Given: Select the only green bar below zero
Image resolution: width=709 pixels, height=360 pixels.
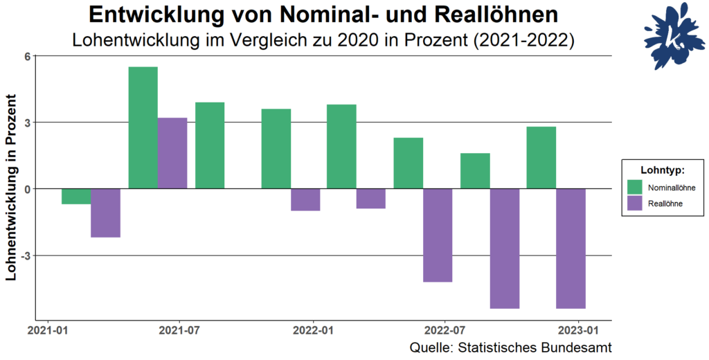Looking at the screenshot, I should point(76,197).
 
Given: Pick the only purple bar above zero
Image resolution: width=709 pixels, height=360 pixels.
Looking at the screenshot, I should point(172,153).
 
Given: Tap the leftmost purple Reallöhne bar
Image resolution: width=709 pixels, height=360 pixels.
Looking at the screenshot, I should point(106,213).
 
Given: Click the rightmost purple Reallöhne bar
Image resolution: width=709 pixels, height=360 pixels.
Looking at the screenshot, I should point(571,249).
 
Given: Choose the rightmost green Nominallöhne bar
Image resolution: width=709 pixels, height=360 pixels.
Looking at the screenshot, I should point(541,158).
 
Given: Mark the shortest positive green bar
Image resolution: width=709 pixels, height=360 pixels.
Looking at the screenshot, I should point(475,171).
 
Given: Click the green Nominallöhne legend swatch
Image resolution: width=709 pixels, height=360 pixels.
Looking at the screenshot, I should point(635,187).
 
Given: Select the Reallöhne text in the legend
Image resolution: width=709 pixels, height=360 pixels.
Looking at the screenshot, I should point(665,204).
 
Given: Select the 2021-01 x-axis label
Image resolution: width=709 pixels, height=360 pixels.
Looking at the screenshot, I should point(48,331).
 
